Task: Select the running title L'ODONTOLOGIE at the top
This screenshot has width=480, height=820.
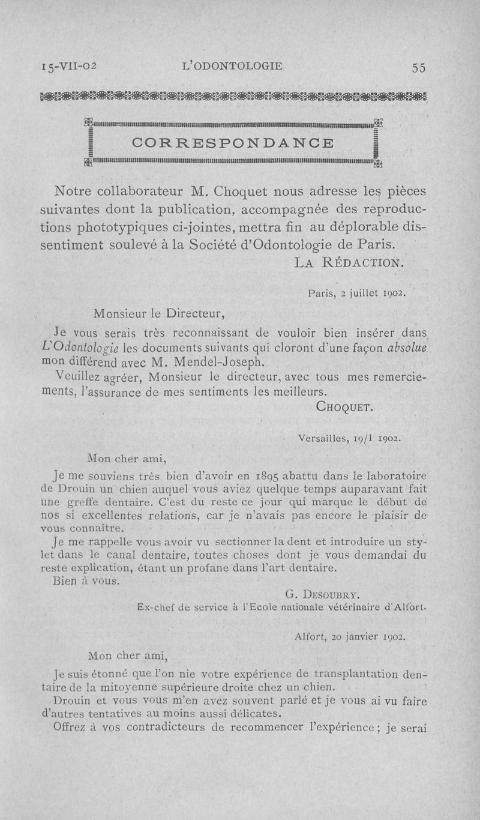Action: [231, 66]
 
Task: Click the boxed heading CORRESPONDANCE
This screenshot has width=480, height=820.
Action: [233, 143]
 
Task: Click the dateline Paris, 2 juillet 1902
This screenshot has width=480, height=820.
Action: [357, 294]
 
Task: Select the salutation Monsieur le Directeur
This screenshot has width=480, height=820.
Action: [160, 312]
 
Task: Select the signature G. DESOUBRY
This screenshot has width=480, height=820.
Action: [322, 596]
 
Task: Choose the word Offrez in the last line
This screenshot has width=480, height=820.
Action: [71, 726]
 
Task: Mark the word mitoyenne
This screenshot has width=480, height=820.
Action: [143, 687]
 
